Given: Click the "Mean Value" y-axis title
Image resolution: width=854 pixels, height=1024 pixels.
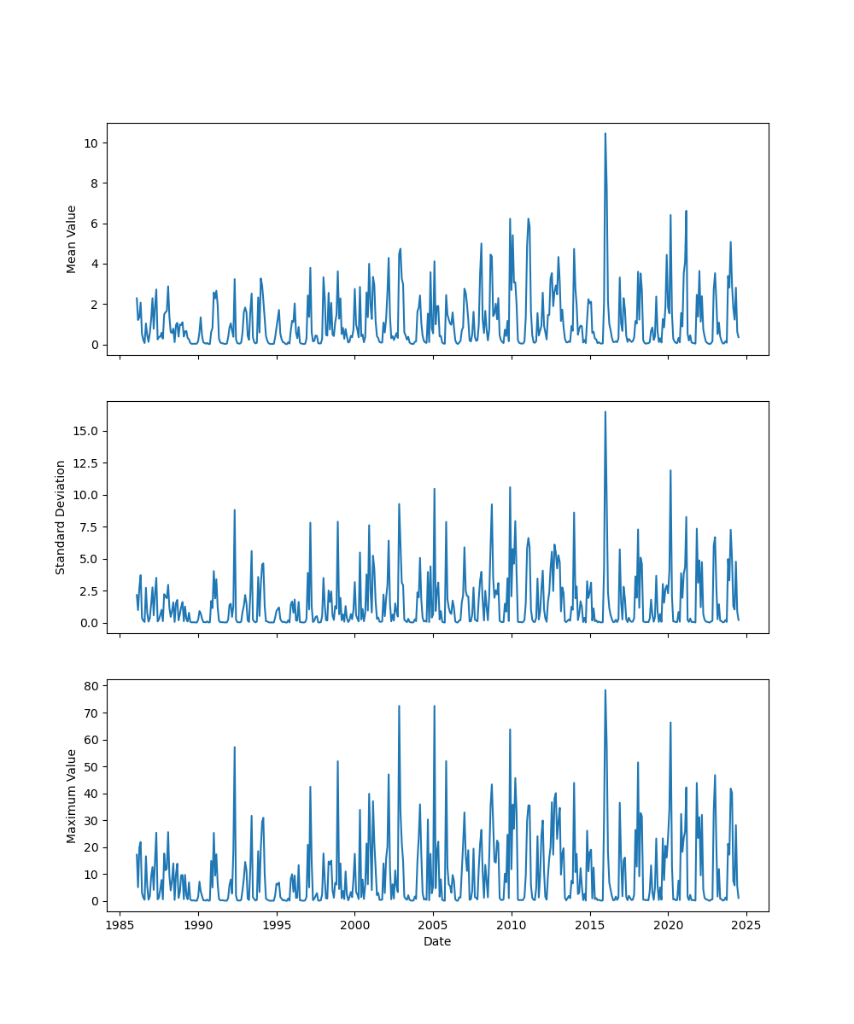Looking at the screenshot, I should click(x=72, y=239).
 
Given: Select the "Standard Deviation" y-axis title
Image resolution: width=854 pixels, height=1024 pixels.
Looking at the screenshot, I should click(x=61, y=517).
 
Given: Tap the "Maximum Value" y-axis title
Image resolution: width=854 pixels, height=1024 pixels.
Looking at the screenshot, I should click(x=72, y=795).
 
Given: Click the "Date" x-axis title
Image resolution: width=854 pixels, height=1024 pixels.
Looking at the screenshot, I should click(x=437, y=941).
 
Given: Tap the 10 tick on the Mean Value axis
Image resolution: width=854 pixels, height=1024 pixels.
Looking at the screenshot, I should click(x=90, y=143).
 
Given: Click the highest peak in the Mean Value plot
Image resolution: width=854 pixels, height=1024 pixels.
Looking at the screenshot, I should click(x=605, y=134).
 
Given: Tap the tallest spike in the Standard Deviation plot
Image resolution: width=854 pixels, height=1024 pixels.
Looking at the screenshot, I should click(x=605, y=412).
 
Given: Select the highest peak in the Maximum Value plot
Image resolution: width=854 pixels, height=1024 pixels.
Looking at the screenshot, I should click(x=605, y=690).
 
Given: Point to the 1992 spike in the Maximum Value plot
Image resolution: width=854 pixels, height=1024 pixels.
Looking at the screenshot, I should click(x=235, y=748).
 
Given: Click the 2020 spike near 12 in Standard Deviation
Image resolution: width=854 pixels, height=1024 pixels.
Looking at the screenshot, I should click(x=670, y=471).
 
